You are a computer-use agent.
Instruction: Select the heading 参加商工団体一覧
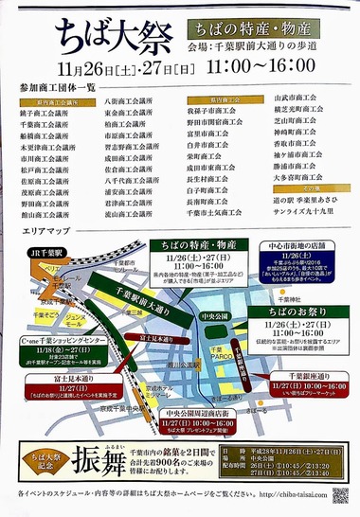(58, 87)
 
